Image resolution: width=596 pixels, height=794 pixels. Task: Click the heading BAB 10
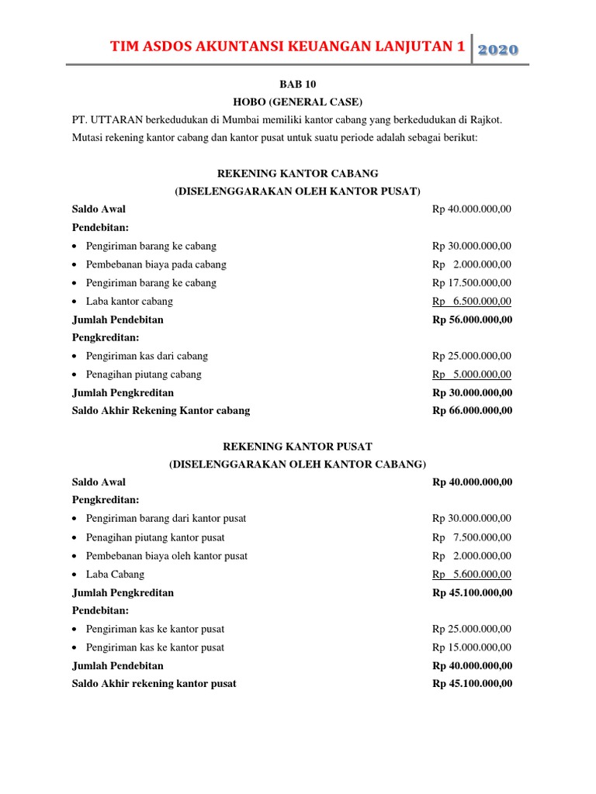297,83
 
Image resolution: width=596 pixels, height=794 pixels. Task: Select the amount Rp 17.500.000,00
472,283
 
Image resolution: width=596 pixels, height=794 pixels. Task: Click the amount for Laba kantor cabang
472,302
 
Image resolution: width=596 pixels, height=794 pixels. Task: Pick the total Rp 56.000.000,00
472,319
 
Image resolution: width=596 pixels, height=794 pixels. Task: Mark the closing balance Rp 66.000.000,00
472,411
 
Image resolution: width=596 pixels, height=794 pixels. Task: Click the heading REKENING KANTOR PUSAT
298,447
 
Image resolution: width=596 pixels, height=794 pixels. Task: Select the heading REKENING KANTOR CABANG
298,173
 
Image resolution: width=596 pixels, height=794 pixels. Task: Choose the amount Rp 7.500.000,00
472,537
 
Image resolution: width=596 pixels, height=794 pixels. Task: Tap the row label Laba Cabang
115,575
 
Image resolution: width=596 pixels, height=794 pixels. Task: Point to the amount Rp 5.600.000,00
472,575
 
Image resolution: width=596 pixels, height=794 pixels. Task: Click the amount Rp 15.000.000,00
472,647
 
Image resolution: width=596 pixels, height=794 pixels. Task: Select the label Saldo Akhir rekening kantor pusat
154,684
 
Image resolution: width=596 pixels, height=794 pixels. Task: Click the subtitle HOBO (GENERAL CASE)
298,102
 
